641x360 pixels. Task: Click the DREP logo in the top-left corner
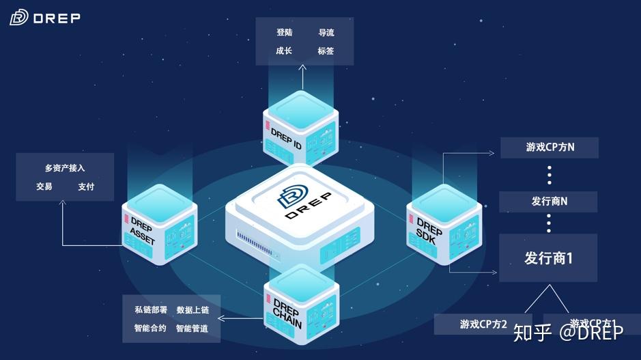coord(45,18)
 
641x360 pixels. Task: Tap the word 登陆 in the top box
coord(285,33)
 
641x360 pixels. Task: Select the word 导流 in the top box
coord(326,33)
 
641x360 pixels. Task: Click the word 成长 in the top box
coord(285,51)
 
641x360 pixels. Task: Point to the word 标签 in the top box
coord(326,51)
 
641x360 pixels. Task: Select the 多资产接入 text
coord(65,168)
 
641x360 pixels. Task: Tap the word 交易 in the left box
coord(44,186)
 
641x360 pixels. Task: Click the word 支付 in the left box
coord(86,186)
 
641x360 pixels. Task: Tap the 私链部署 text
coord(150,310)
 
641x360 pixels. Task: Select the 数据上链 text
coord(193,310)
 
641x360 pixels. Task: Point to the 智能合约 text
coord(150,329)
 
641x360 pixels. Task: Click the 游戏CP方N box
coord(550,148)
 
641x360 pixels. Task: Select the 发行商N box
coord(549,202)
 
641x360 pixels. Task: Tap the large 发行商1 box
coord(548,258)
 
